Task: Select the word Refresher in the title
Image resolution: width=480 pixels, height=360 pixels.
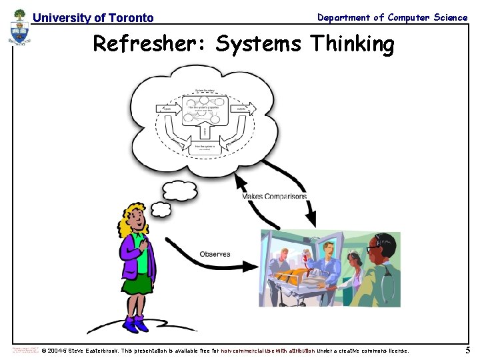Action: tap(147, 45)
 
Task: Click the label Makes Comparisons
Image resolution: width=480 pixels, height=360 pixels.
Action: tap(275, 196)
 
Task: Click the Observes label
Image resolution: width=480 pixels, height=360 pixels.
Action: tap(215, 254)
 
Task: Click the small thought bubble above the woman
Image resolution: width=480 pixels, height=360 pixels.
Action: tap(179, 191)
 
